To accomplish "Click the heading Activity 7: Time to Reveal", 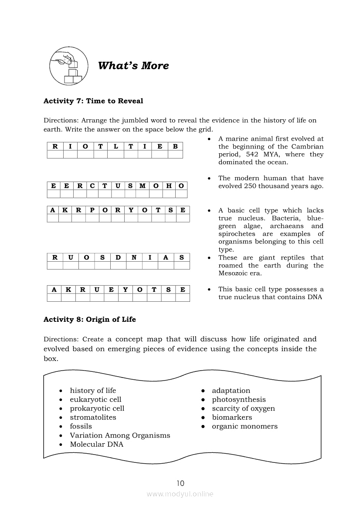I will pyautogui.click(x=93, y=101).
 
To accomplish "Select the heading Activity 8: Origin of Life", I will pyautogui.click(x=90, y=320).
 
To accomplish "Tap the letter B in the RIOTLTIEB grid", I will pyautogui.click(x=175, y=146).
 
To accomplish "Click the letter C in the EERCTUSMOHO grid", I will pyautogui.click(x=92, y=186).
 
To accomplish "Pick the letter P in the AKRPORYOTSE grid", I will pyautogui.click(x=92, y=210).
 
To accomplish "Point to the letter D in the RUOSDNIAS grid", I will pyautogui.click(x=118, y=257).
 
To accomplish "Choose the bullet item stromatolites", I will pyautogui.click(x=93, y=418).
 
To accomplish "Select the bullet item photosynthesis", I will pyautogui.click(x=238, y=400).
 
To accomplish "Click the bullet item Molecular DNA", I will pyautogui.click(x=96, y=445).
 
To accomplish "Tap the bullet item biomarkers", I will pyautogui.click(x=232, y=418).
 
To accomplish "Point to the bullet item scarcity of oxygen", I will pyautogui.click(x=243, y=408).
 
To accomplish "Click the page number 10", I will pyautogui.click(x=180, y=483).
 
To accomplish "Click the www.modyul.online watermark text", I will pyautogui.click(x=180, y=494).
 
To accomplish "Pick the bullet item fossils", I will pyautogui.click(x=81, y=426).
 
